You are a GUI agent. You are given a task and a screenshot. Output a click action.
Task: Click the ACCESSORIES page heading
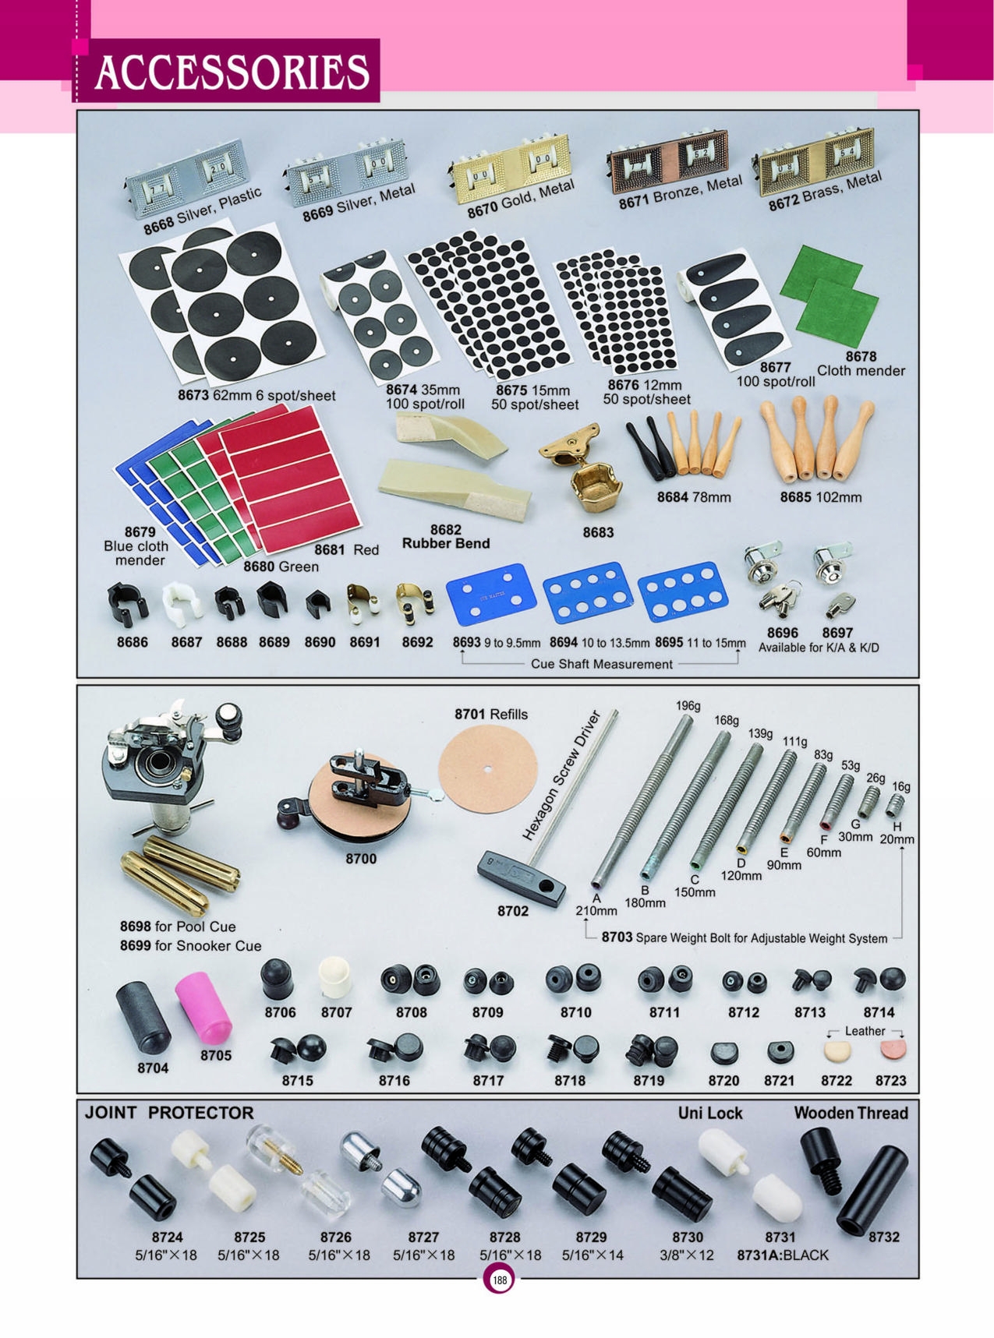click(231, 72)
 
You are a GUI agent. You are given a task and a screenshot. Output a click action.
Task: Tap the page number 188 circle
click(499, 1280)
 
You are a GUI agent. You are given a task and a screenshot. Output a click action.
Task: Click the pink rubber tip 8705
click(204, 1008)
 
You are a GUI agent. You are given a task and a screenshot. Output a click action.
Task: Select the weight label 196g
click(688, 706)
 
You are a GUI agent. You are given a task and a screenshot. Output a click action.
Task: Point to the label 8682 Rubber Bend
click(446, 537)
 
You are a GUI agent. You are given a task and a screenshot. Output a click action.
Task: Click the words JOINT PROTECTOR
click(169, 1113)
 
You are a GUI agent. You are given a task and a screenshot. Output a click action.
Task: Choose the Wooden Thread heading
click(851, 1113)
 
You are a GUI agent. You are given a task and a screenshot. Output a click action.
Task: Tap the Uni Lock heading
click(709, 1113)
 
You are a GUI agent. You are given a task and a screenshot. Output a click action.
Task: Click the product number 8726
click(336, 1237)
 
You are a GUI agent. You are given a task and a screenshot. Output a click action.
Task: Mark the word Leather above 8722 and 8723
click(865, 1031)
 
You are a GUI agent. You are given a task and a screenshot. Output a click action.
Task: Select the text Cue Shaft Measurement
click(601, 664)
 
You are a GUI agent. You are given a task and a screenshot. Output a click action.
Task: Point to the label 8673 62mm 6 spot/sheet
click(256, 395)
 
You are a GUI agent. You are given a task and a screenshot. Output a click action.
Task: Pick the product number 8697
click(837, 633)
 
